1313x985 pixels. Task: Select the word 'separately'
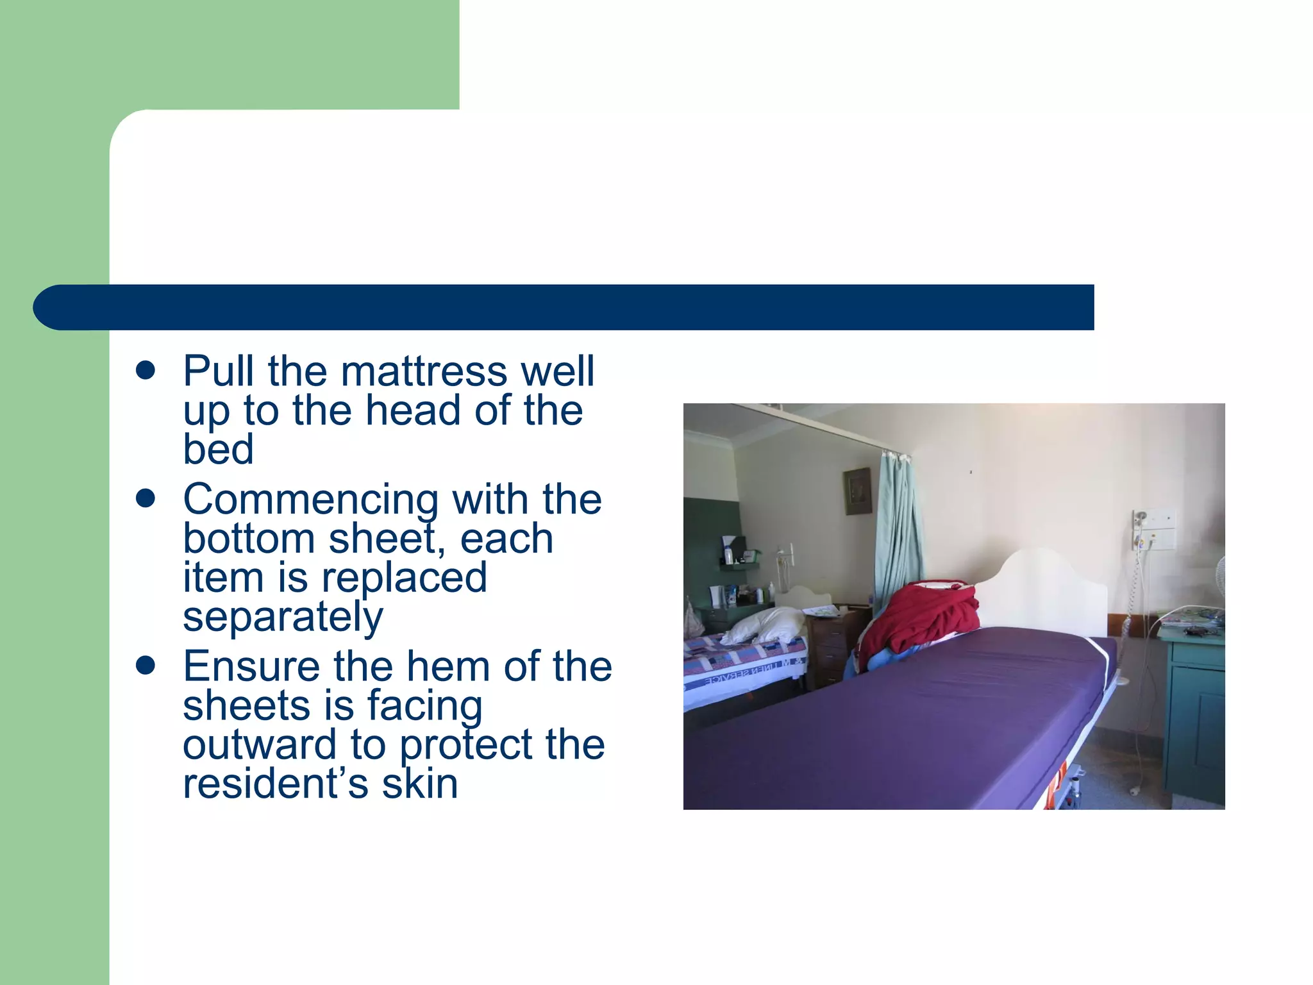coord(283,616)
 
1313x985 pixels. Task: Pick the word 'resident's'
coord(276,784)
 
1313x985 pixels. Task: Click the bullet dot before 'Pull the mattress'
coord(146,371)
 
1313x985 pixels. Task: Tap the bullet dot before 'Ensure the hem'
coord(146,666)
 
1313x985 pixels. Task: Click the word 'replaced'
coord(404,577)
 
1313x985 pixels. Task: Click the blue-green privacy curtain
coord(898,532)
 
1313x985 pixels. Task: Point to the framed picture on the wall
coord(857,491)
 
